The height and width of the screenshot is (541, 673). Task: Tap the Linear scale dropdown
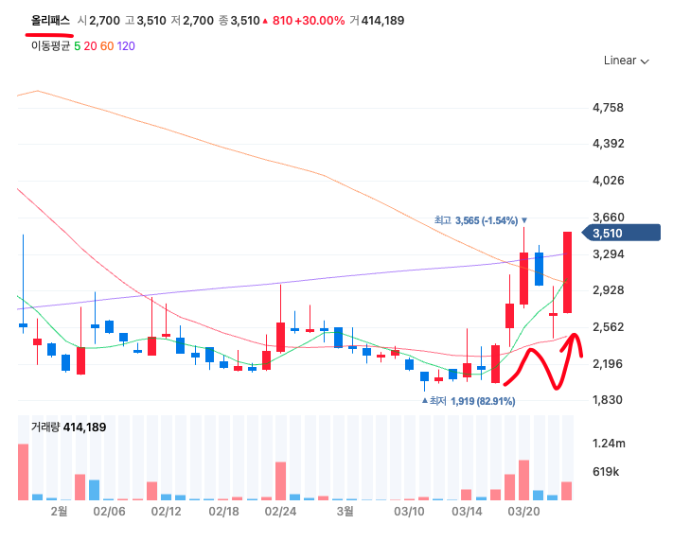[626, 61]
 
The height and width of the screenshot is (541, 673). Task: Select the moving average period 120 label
[126, 45]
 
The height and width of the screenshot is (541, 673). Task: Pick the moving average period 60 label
[107, 45]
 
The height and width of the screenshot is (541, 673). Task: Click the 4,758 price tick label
[607, 108]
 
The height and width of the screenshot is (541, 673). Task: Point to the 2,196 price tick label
[607, 363]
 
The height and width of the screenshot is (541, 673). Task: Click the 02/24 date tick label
[281, 511]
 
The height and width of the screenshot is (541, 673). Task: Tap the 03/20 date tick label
[523, 511]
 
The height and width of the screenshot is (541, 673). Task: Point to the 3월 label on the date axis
[345, 511]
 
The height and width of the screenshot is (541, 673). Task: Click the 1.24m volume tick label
[608, 443]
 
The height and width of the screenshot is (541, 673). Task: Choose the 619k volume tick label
[606, 471]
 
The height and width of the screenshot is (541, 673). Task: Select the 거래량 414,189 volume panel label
[68, 428]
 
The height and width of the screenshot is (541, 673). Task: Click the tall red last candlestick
[567, 271]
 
